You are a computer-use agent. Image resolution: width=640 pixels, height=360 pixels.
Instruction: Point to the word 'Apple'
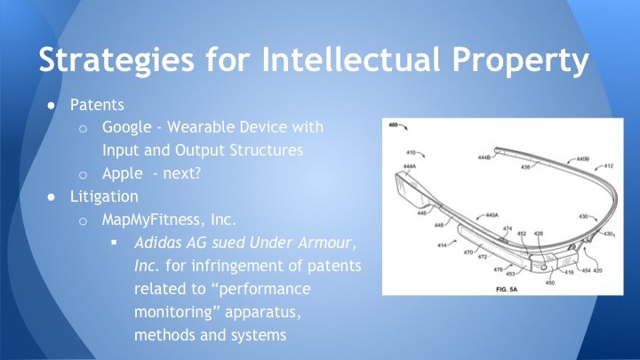pyautogui.click(x=123, y=173)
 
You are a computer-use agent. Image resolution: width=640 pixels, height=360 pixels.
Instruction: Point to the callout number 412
pyautogui.click(x=608, y=165)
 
